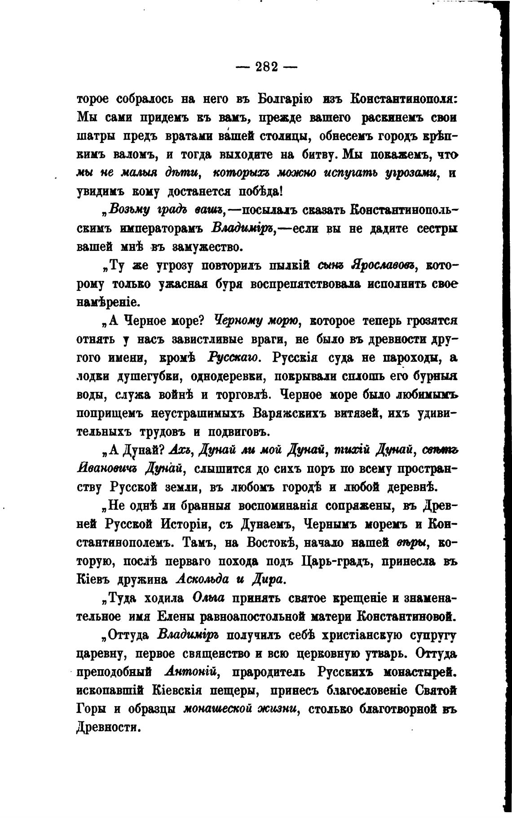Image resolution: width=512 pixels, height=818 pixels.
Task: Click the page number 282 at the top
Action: (x=267, y=67)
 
